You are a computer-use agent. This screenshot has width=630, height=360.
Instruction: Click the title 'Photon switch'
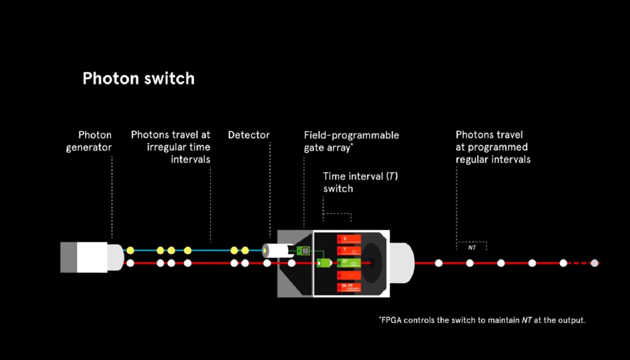(x=138, y=79)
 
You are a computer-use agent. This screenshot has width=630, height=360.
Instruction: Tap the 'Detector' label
(x=248, y=135)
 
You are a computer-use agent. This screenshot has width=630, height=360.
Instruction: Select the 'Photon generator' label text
(x=89, y=141)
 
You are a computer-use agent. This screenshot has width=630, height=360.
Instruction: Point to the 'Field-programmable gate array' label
(x=351, y=141)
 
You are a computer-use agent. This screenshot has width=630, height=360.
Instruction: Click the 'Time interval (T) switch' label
(x=360, y=182)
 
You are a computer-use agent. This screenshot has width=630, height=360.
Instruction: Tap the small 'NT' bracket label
(x=472, y=247)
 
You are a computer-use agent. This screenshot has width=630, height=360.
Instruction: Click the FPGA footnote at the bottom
(x=482, y=320)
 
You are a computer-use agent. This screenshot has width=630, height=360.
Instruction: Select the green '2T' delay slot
(x=349, y=263)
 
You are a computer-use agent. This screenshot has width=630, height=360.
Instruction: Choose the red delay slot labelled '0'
(x=349, y=239)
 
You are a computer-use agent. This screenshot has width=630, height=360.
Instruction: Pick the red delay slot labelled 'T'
(x=349, y=251)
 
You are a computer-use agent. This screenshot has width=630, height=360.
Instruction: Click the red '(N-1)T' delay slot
(x=349, y=287)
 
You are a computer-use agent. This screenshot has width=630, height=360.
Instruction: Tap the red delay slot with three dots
(x=349, y=275)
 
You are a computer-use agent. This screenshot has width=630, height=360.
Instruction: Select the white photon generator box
(x=92, y=257)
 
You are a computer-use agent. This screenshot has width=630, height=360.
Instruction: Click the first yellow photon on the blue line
(x=130, y=250)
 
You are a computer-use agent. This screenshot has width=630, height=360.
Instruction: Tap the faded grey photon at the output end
(x=594, y=263)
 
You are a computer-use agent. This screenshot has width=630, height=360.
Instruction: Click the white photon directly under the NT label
(x=470, y=263)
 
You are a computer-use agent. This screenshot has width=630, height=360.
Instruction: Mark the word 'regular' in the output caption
(x=474, y=160)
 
